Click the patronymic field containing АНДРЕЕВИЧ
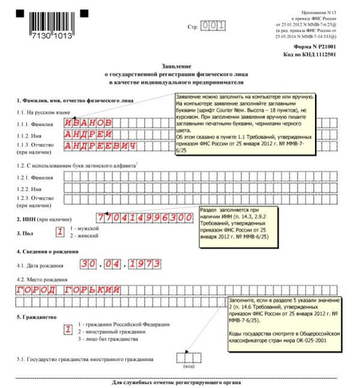(106, 145)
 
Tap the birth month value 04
(114, 263)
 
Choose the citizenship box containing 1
(68, 330)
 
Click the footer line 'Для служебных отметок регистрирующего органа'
(179, 382)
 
